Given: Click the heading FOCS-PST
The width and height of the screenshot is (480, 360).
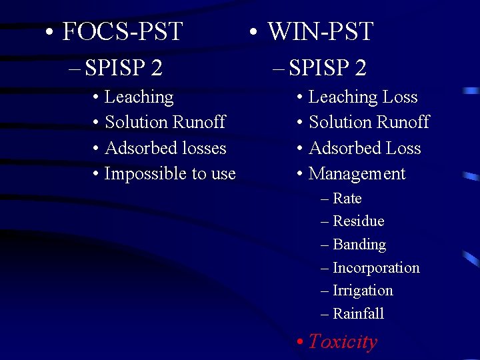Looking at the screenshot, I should [x=122, y=31].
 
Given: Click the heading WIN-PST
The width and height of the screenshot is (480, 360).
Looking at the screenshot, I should [x=320, y=31].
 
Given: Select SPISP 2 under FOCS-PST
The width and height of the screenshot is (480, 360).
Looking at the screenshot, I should [x=124, y=67].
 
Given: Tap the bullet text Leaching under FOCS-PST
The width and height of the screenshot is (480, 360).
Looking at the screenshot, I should [x=139, y=97].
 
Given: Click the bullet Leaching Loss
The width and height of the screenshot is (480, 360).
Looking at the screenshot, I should [x=363, y=97].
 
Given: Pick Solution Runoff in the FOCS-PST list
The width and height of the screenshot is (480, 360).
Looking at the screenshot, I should [x=165, y=123].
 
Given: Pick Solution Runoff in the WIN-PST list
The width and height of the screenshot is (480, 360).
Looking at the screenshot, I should [x=369, y=123].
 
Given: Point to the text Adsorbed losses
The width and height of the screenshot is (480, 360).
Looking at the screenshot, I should [x=165, y=148].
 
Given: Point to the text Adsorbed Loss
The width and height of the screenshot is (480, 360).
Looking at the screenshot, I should [x=365, y=148].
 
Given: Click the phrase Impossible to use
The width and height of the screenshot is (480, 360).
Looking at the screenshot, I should [x=170, y=174].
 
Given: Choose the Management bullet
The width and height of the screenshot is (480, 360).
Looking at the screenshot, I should [x=357, y=174].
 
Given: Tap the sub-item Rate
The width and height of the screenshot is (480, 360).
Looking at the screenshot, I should [x=347, y=199].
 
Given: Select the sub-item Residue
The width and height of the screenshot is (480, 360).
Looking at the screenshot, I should [x=358, y=221].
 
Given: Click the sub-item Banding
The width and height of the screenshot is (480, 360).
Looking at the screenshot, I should [x=359, y=245].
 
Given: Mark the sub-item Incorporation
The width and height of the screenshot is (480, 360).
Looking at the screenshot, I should [x=375, y=268].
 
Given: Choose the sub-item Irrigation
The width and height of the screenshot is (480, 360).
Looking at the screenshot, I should [x=363, y=291].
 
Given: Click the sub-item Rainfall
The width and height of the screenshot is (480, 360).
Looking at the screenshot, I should [x=358, y=313].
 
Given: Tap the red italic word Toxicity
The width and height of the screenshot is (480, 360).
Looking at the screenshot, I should [x=343, y=342].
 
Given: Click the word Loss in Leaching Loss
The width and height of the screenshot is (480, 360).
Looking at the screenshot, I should [x=400, y=97].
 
